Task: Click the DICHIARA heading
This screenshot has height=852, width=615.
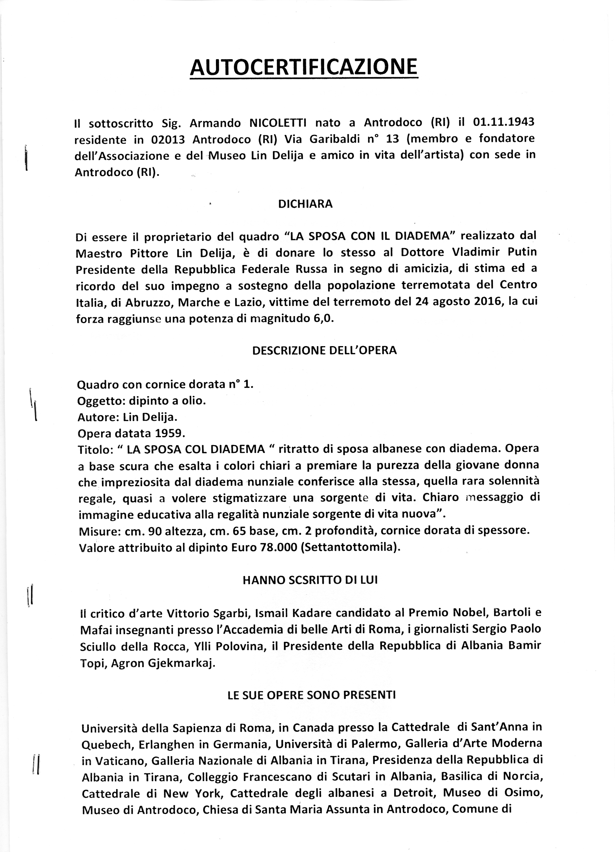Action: coord(305,204)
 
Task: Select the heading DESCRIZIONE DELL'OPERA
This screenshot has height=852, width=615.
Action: coord(324,350)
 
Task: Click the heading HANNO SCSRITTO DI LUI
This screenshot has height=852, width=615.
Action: coord(310,580)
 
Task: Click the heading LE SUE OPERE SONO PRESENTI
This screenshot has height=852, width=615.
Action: coord(312,694)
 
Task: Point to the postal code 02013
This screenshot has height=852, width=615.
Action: coord(168,139)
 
